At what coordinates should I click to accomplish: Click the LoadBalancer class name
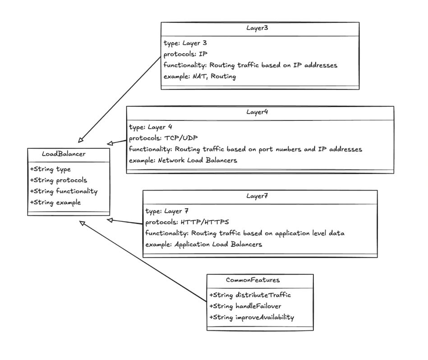pyautogui.click(x=64, y=154)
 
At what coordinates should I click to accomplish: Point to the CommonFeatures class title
pyautogui.click(x=259, y=280)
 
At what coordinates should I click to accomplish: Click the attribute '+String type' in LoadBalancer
pyautogui.click(x=51, y=169)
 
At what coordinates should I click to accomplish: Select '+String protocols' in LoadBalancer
pyautogui.click(x=59, y=180)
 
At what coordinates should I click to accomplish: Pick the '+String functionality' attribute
pyautogui.click(x=64, y=191)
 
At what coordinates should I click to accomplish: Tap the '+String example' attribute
pyautogui.click(x=55, y=202)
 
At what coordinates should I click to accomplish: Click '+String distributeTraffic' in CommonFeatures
pyautogui.click(x=250, y=295)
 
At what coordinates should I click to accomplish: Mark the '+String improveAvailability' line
pyautogui.click(x=252, y=317)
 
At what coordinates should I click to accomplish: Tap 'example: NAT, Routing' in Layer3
pyautogui.click(x=200, y=76)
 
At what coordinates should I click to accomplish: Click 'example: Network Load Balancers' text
pyautogui.click(x=183, y=160)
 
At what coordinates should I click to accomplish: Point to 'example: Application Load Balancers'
pyautogui.click(x=204, y=244)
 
